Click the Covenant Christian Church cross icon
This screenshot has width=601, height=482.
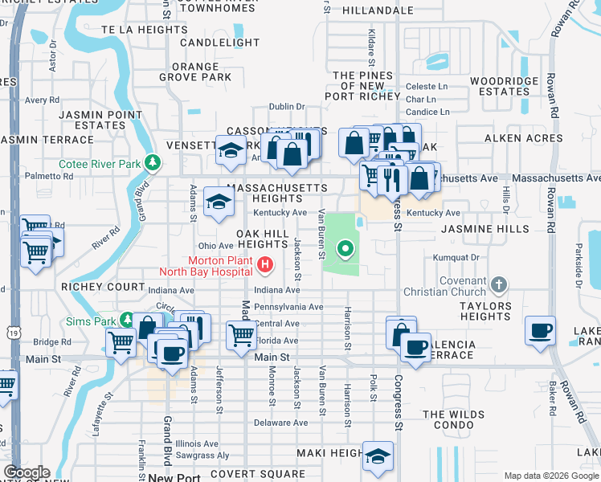coord(499,284)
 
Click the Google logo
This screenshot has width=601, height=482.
coord(27,472)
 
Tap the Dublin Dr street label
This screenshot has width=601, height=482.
coord(287,106)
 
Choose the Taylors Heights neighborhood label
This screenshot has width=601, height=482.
coord(485,312)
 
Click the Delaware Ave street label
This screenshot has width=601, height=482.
coord(280,423)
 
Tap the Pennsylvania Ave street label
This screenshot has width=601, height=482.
coord(288,307)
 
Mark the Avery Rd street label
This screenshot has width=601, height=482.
coord(37,100)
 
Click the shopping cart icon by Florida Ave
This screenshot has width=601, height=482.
coord(241,335)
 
